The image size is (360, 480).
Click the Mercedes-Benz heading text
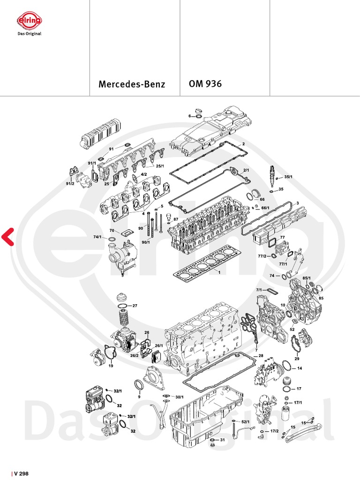132,85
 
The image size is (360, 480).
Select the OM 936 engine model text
205,84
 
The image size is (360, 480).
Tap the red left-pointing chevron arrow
7,237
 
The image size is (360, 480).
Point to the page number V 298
21,474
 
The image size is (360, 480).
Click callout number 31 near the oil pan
223,440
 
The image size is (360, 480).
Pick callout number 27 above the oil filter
135,306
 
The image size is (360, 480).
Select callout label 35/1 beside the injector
288,177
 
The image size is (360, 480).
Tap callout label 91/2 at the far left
70,183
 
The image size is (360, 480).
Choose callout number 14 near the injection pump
300,368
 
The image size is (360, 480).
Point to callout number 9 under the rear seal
139,397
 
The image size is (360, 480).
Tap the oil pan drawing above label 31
206,412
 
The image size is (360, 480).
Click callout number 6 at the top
189,116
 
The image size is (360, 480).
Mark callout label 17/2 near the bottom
274,431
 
